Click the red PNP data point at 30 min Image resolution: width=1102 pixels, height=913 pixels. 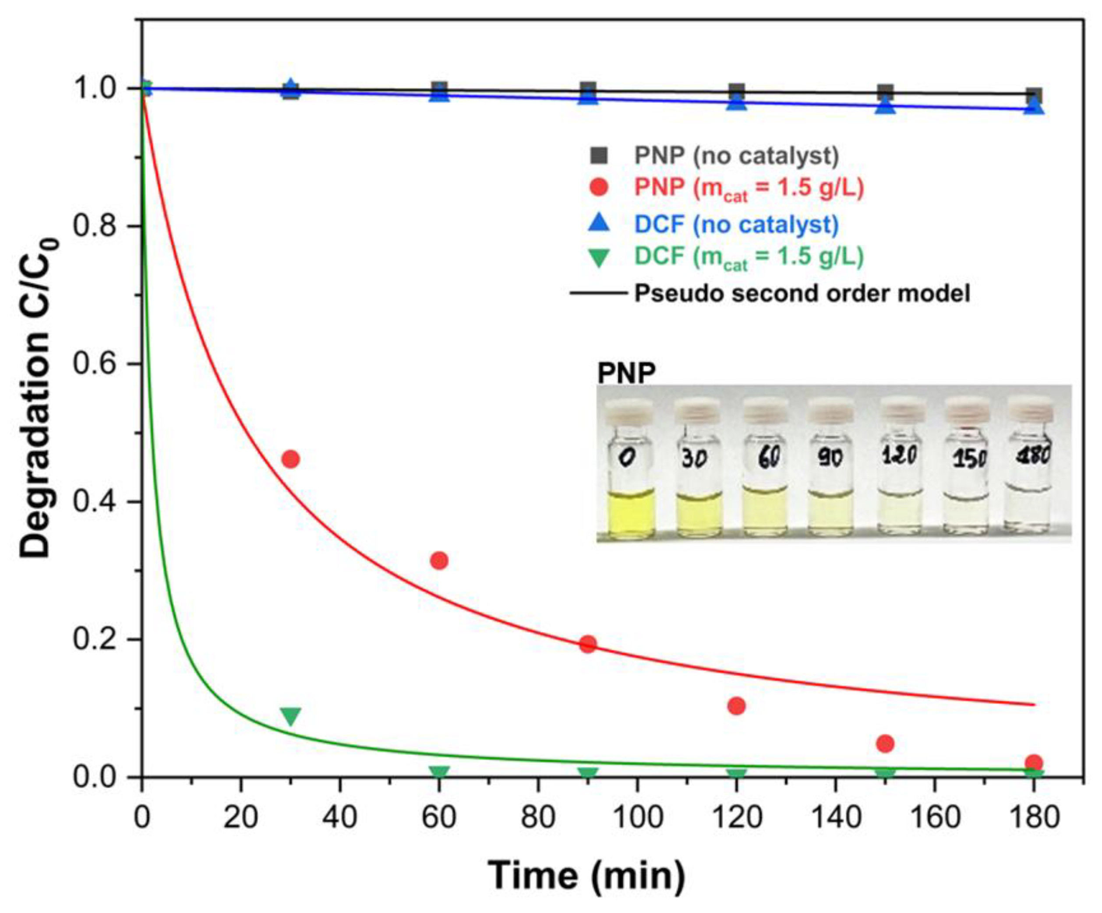(x=291, y=459)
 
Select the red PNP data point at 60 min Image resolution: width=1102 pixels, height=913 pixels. (x=439, y=560)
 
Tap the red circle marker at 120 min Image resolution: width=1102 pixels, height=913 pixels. (x=737, y=706)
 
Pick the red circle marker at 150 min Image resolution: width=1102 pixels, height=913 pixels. (x=885, y=744)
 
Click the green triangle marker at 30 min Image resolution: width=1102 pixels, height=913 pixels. (x=291, y=716)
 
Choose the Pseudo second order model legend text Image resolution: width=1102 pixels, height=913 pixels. (x=802, y=293)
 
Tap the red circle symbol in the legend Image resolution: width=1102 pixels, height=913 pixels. (x=599, y=187)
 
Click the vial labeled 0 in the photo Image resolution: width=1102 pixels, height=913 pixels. (x=630, y=467)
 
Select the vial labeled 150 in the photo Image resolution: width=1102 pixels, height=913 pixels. (x=967, y=467)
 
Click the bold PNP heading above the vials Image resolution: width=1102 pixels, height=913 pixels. (x=627, y=374)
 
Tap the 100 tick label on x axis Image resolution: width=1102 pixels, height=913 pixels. (x=638, y=818)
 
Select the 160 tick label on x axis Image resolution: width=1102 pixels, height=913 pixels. (x=935, y=818)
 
